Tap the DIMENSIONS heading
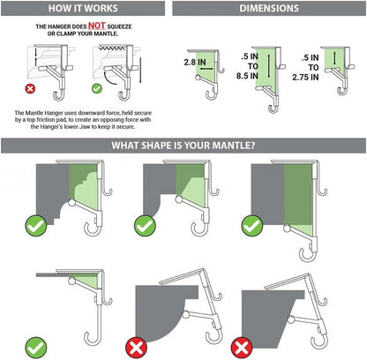(x=268, y=9)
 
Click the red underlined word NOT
(x=98, y=27)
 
